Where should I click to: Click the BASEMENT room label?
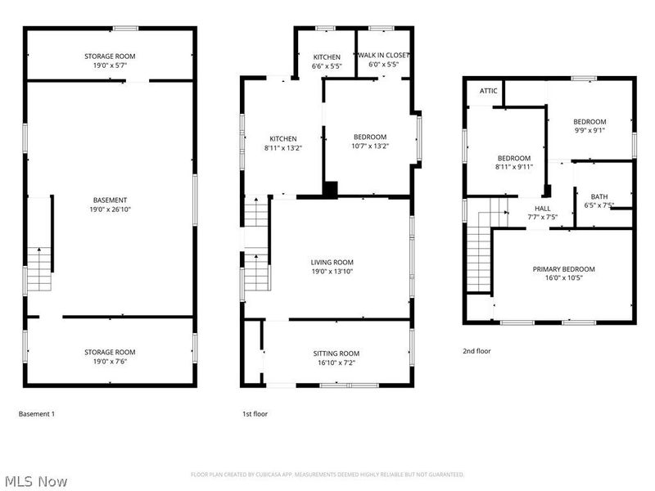tap(110, 200)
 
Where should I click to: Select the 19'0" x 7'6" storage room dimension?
tap(110, 363)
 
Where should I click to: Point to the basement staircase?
tap(39, 270)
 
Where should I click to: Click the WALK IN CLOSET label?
tap(384, 56)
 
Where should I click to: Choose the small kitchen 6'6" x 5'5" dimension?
tap(327, 67)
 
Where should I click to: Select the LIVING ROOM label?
tap(332, 262)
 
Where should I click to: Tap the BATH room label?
tap(599, 196)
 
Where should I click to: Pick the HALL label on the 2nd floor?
tap(543, 208)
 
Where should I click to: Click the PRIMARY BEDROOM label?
tap(563, 268)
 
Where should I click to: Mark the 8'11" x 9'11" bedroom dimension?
tap(514, 168)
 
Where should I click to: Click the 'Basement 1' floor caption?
tap(36, 414)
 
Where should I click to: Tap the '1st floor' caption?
tap(255, 414)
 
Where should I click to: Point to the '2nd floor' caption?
tap(477, 350)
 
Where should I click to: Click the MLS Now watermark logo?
tap(34, 481)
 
